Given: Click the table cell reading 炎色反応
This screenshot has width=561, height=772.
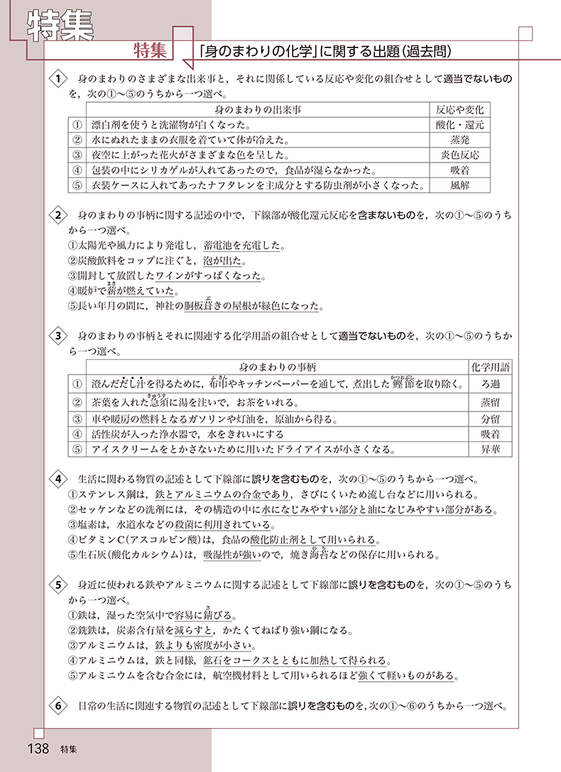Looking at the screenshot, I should point(459,155).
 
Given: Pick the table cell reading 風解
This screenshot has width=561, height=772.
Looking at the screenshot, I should point(459,185).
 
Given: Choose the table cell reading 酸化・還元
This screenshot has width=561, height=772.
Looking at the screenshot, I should point(459,124).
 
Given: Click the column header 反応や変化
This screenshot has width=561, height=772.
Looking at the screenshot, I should point(459,109).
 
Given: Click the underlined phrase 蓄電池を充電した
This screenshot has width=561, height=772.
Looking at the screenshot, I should point(243,246).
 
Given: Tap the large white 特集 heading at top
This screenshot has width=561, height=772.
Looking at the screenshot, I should point(60,25).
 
